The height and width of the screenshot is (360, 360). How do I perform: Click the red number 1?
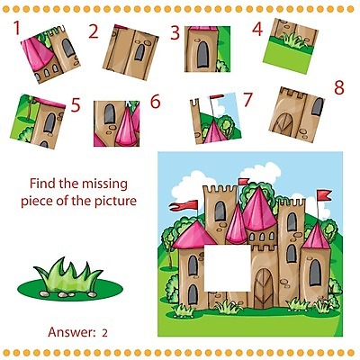[x=17, y=28]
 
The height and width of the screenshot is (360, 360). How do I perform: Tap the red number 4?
[x=257, y=30]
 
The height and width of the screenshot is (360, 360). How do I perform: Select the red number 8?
[x=339, y=88]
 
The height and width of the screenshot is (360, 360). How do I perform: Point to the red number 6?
[x=155, y=102]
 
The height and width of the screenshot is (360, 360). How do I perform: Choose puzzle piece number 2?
[x=130, y=52]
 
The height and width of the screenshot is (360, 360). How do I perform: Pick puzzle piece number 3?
[x=207, y=49]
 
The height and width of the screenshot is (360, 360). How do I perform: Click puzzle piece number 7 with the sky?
[x=216, y=118]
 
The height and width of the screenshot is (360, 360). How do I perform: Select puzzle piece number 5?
[x=38, y=121]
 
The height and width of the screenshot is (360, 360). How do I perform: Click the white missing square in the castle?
[x=227, y=268]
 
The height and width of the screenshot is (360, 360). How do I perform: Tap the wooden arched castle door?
[x=264, y=288]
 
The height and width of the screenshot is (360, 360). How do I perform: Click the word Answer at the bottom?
[x=71, y=332]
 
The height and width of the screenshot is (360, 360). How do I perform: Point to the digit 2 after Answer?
[x=104, y=333]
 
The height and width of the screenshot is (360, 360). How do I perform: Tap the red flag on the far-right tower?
[x=324, y=195]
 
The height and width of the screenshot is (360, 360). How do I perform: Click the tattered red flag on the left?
[x=184, y=205]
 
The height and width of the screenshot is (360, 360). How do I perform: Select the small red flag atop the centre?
[x=243, y=182]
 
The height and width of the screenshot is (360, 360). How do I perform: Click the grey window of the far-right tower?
[x=315, y=273]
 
